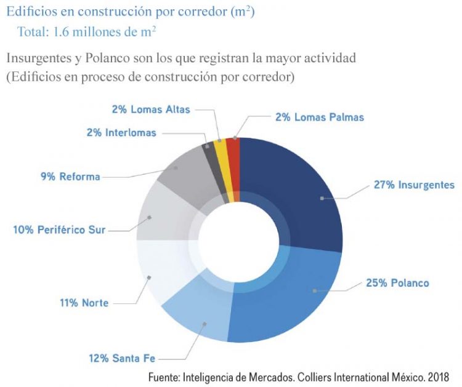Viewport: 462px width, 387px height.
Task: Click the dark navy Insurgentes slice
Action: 296,191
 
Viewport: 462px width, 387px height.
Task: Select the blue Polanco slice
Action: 290,295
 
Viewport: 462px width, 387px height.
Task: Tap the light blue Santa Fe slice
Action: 197,314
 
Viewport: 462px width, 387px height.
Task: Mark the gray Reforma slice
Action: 185,175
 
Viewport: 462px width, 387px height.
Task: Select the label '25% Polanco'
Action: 397,283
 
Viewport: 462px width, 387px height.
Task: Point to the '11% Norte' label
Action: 84,303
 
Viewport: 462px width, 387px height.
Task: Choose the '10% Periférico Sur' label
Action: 59,230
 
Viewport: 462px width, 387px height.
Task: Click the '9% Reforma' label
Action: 70,177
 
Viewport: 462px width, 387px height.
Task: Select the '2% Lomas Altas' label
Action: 151,110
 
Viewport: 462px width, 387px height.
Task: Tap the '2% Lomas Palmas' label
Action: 319,117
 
